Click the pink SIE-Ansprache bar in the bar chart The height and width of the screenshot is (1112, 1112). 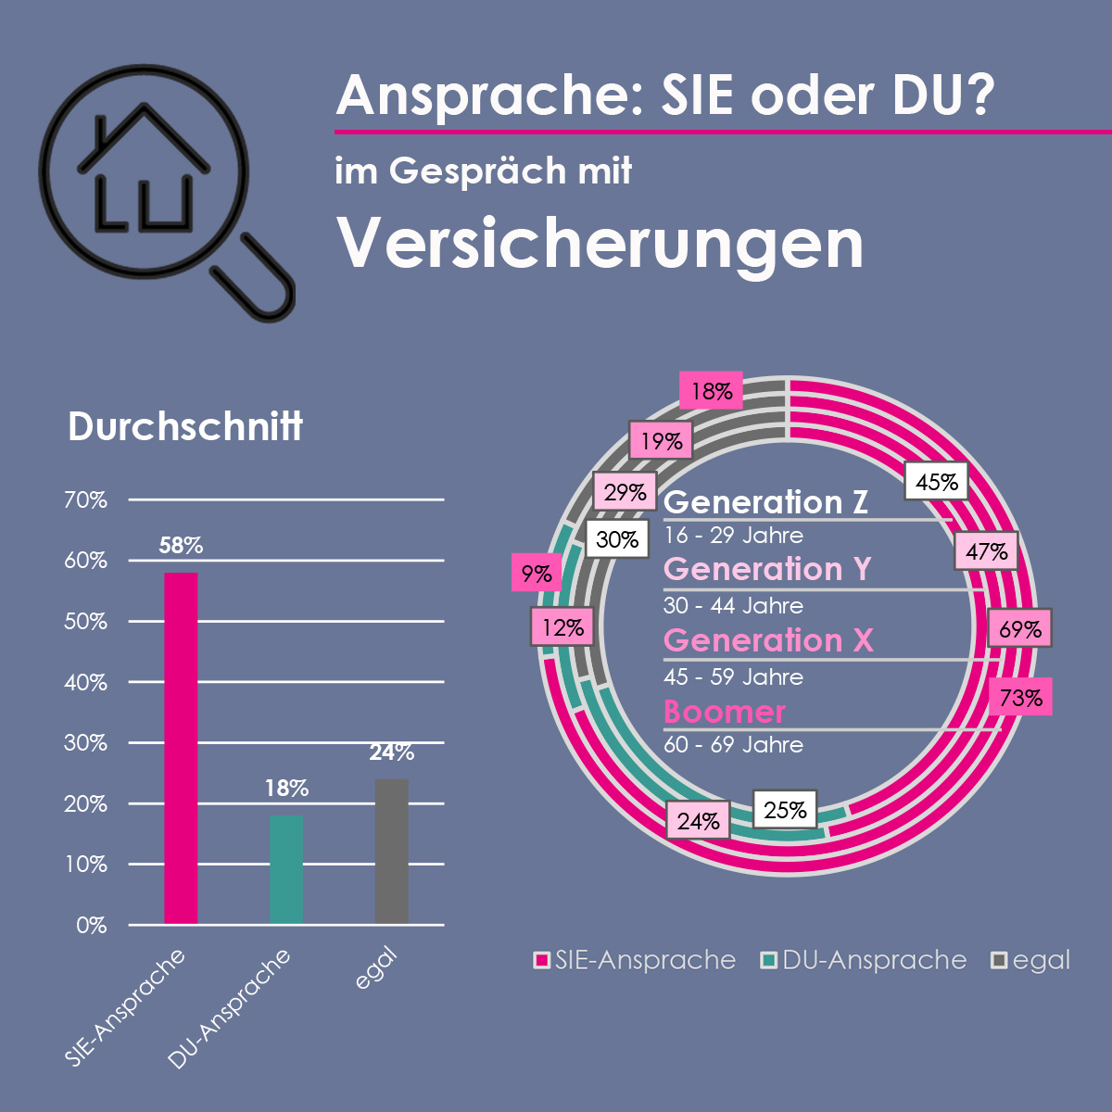tap(181, 748)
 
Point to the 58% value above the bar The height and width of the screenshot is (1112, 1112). tap(181, 546)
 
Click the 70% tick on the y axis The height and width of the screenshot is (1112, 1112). tap(85, 500)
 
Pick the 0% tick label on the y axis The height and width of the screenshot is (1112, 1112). tap(92, 926)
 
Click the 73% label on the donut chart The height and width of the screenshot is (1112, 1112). tap(1020, 698)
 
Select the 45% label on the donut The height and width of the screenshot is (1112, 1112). tap(936, 482)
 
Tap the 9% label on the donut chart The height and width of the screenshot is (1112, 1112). tap(536, 574)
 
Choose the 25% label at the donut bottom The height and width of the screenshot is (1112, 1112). tap(785, 810)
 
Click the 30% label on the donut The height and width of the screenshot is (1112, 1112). tap(617, 538)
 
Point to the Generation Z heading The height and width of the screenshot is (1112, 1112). tap(766, 502)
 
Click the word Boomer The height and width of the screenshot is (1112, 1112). tap(725, 712)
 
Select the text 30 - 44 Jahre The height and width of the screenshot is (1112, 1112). tap(733, 606)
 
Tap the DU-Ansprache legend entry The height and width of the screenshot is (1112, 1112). tap(864, 960)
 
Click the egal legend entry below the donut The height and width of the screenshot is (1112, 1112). tap(1030, 960)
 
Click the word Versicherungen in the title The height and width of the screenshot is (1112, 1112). tap(600, 244)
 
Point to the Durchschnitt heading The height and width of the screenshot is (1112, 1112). tap(185, 427)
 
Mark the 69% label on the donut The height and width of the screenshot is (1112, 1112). tap(1020, 629)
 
